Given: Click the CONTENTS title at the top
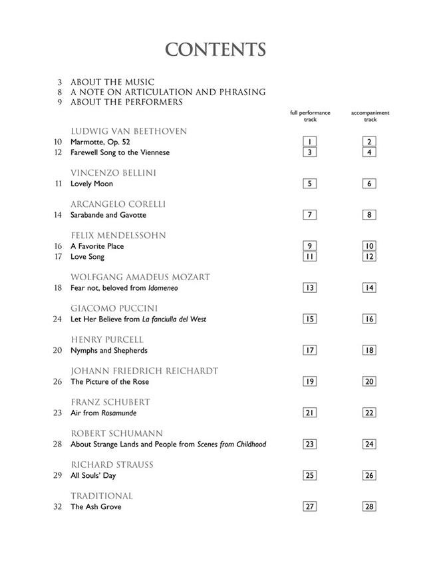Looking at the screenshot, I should pyautogui.click(x=215, y=50).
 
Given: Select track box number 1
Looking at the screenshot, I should pyautogui.click(x=309, y=142).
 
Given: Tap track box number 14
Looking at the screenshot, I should pyautogui.click(x=370, y=287).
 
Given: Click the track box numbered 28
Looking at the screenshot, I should pyautogui.click(x=370, y=506).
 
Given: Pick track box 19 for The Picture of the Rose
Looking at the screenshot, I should pyautogui.click(x=309, y=381).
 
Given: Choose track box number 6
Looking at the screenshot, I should pyautogui.click(x=370, y=184).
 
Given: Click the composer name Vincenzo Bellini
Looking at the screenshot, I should pyautogui.click(x=113, y=173).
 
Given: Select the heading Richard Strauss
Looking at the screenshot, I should pyautogui.click(x=112, y=465).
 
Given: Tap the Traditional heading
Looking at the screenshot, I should pyautogui.click(x=102, y=496).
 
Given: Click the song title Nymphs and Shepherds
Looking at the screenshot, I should pyautogui.click(x=109, y=350).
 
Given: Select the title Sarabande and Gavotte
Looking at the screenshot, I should pyautogui.click(x=108, y=215).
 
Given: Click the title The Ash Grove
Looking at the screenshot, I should pyautogui.click(x=96, y=506).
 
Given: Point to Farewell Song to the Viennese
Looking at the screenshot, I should pyautogui.click(x=120, y=152).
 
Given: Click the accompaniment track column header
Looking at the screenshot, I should pyautogui.click(x=370, y=116).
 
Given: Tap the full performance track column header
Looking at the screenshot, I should pyautogui.click(x=309, y=116).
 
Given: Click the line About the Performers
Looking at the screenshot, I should pyautogui.click(x=126, y=102).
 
